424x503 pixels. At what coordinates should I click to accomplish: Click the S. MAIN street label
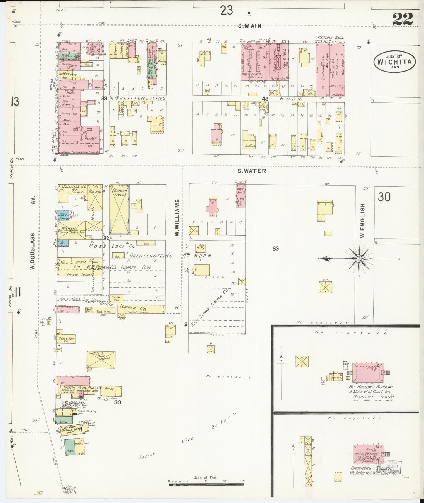pos(249,26)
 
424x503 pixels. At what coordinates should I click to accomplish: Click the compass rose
pos(359,259)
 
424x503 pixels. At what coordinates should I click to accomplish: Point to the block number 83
pos(275,249)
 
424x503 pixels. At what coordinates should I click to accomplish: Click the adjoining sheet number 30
pos(384,197)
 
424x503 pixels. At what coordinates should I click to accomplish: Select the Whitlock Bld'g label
pos(331,38)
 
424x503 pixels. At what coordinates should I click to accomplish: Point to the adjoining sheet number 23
pos(227,11)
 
